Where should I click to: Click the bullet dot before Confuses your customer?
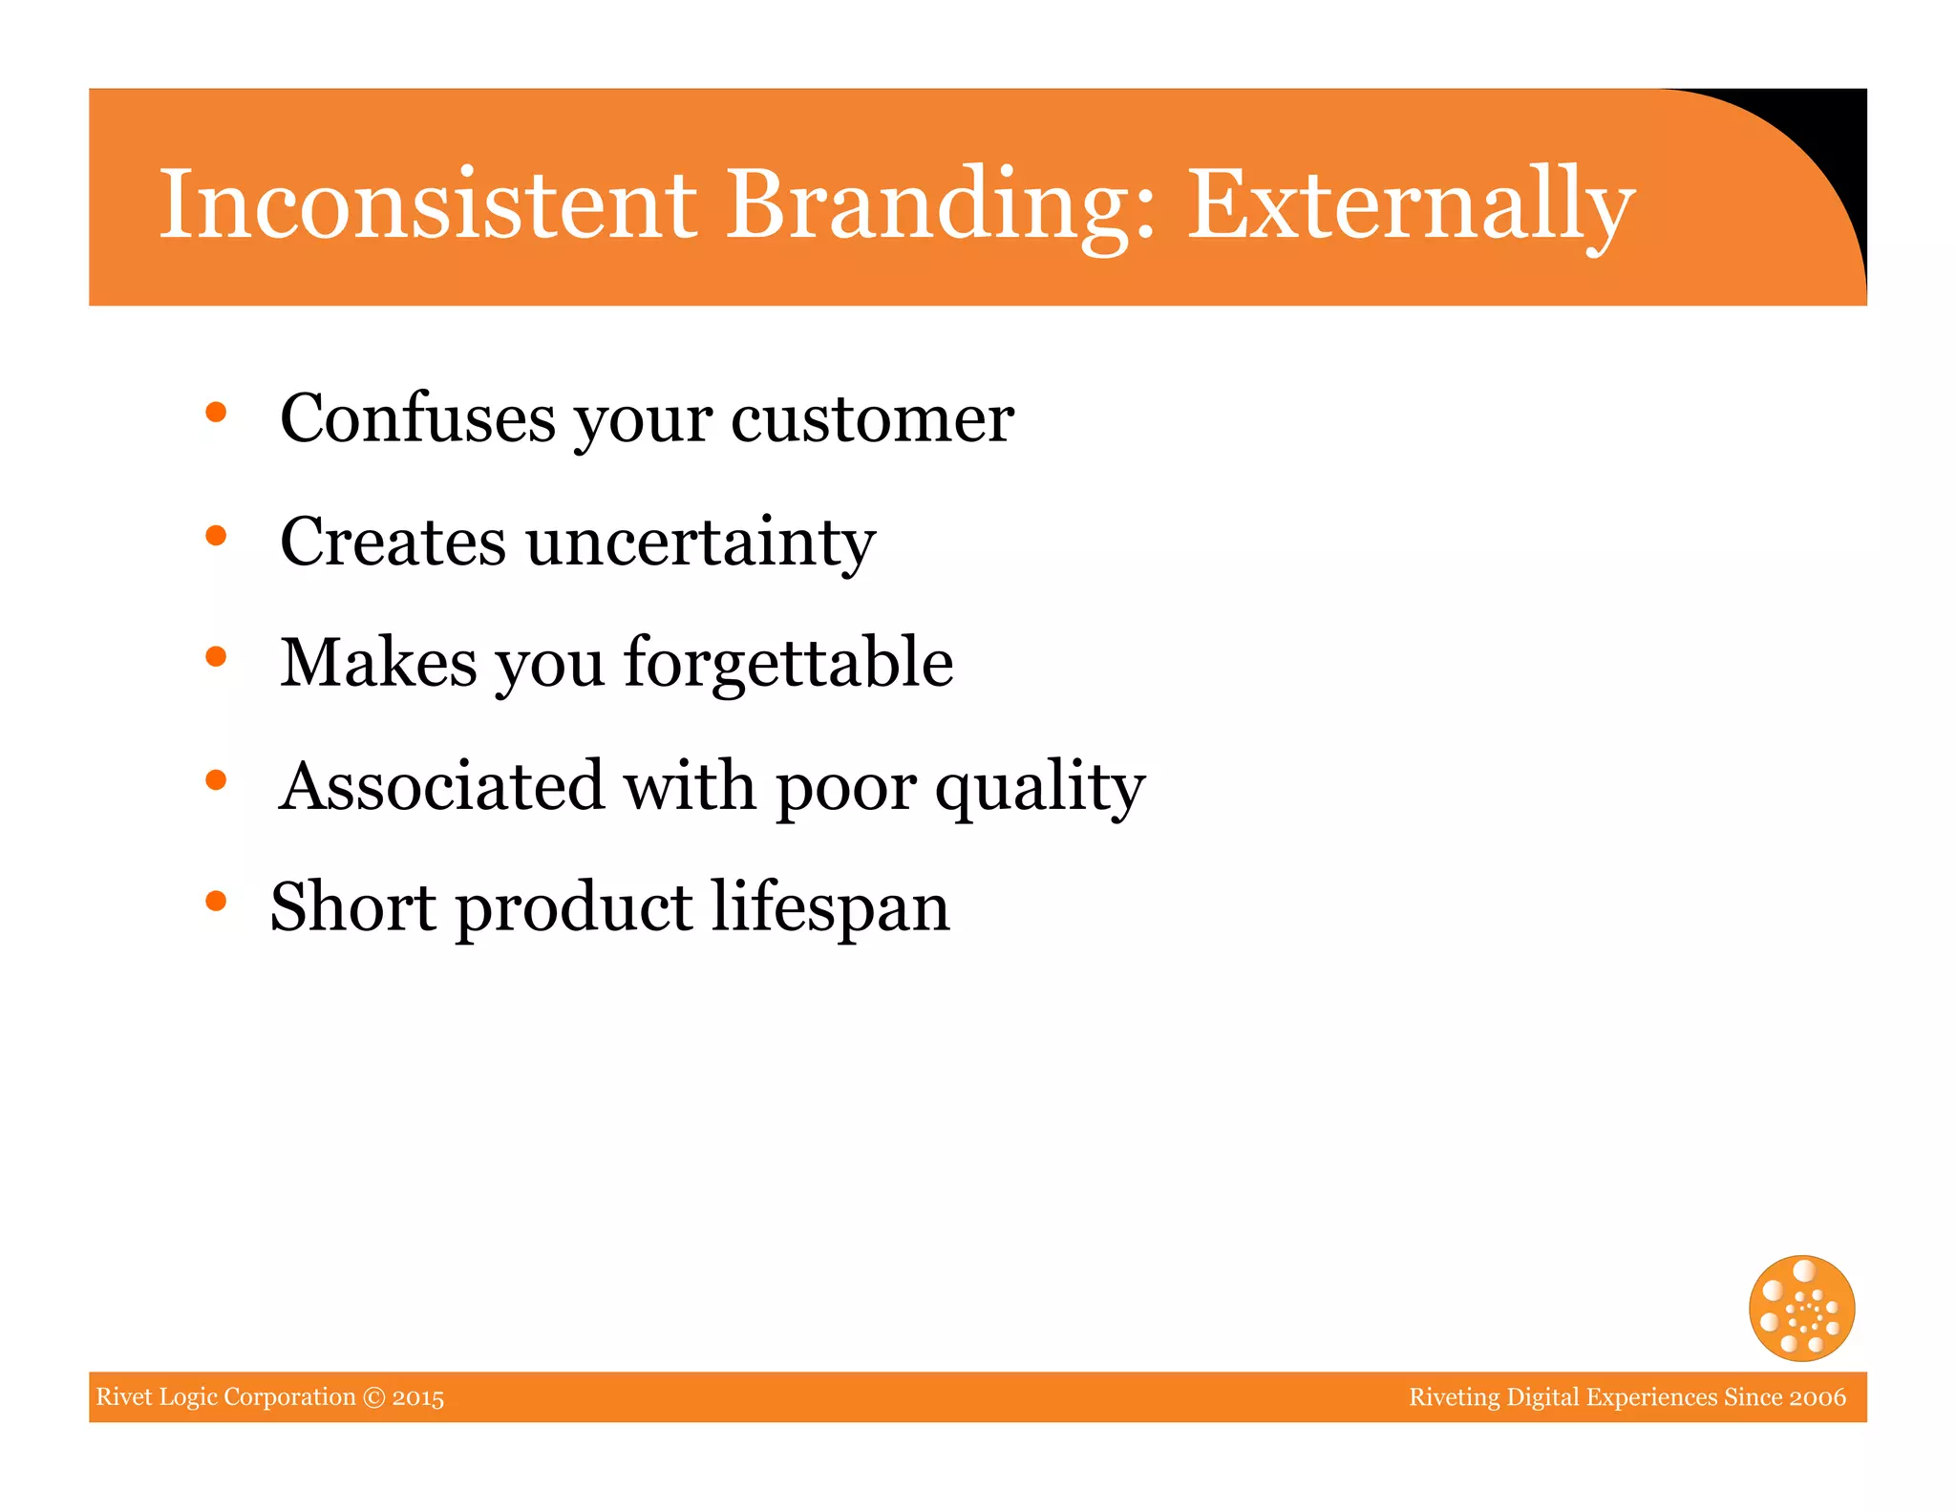[216, 413]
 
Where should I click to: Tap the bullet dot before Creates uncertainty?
[216, 536]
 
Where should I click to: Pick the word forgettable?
[788, 663]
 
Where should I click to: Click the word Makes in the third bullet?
[378, 663]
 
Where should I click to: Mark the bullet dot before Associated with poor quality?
[216, 780]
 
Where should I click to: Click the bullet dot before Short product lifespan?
[216, 901]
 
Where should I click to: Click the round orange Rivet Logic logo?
[1801, 1308]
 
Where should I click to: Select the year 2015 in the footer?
[418, 1397]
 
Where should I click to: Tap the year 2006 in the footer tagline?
[1818, 1397]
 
